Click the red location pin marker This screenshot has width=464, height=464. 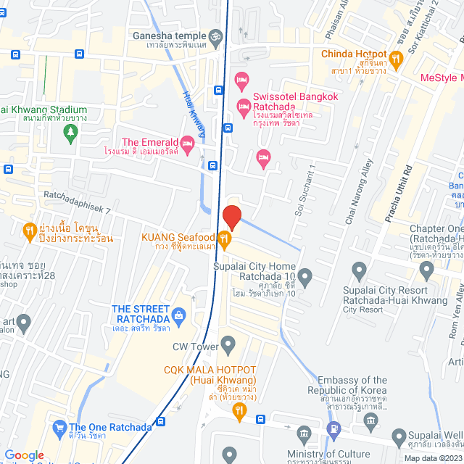[x=231, y=217]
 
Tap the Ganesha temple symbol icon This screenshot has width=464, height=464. [x=215, y=35]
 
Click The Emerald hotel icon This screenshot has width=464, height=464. [x=187, y=142]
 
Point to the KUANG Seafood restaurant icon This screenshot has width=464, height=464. [x=225, y=237]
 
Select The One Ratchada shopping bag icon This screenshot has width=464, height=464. [x=59, y=428]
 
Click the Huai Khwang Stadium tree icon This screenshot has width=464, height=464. [x=70, y=131]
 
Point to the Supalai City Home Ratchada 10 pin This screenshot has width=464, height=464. [x=305, y=276]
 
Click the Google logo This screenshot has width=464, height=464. [x=24, y=455]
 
